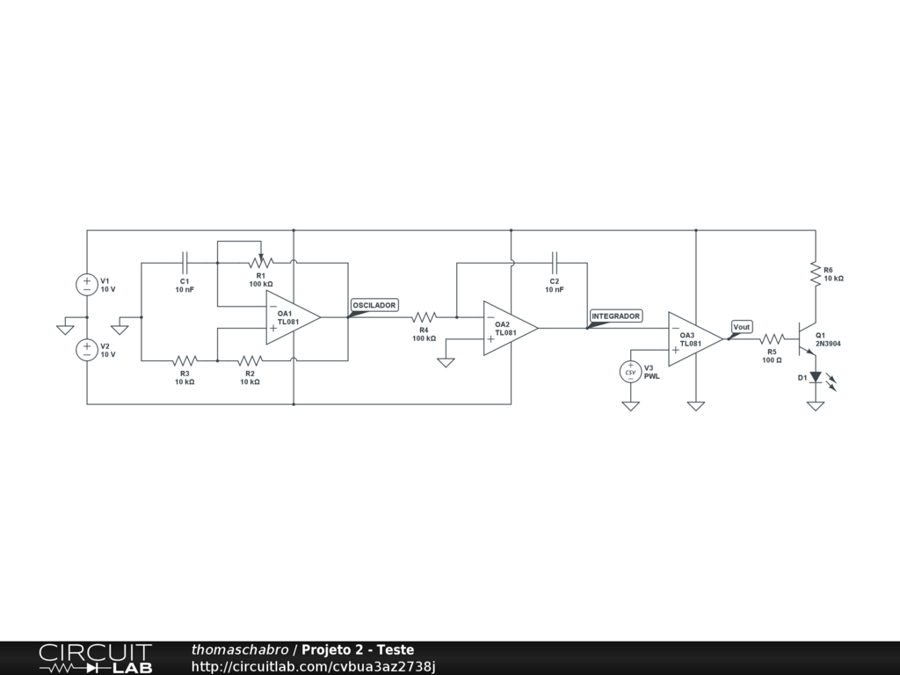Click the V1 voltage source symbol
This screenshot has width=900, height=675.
click(x=87, y=284)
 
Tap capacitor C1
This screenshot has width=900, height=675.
click(x=185, y=262)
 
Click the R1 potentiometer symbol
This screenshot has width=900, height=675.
click(x=260, y=261)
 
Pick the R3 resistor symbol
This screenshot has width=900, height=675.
click(x=185, y=360)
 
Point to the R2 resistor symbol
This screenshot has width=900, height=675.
click(x=250, y=360)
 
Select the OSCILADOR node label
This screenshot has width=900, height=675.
click(x=374, y=305)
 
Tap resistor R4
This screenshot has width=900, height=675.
click(x=424, y=316)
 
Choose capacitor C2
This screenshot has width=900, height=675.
click(x=554, y=262)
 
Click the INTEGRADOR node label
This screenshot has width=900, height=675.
click(x=616, y=316)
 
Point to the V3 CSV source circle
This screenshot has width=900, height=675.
click(x=630, y=372)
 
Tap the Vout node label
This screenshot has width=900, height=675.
click(x=742, y=327)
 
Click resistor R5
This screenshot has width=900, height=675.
click(x=772, y=338)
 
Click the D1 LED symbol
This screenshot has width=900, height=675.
click(x=816, y=377)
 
